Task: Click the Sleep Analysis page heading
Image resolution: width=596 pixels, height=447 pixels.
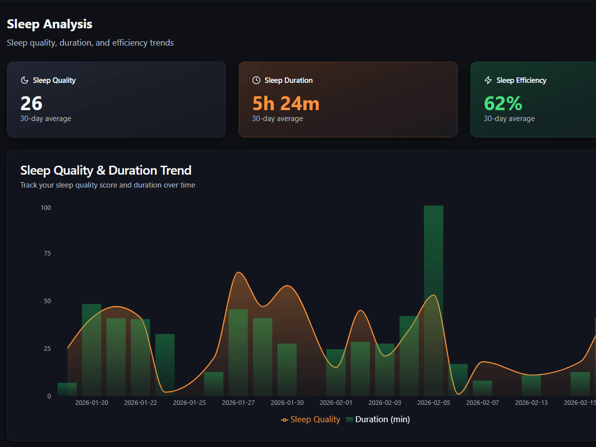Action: [50, 24]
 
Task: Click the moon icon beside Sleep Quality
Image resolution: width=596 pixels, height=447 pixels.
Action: [24, 80]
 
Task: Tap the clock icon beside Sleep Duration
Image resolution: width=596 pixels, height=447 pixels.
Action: [256, 80]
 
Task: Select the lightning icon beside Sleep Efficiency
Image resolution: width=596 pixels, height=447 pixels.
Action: [488, 80]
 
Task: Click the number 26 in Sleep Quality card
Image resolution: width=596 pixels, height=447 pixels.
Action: [31, 103]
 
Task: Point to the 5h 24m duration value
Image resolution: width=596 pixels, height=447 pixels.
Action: [286, 103]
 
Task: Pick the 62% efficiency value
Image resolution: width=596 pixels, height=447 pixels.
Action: [503, 103]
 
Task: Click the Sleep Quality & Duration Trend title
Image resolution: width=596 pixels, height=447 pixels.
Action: [106, 170]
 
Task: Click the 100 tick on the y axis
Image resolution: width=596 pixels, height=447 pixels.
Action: [46, 207]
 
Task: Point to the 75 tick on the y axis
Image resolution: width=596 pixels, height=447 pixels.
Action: [47, 254]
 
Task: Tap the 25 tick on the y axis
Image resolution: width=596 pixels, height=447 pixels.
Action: [47, 349]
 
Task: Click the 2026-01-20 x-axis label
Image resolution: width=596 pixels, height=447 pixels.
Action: [92, 403]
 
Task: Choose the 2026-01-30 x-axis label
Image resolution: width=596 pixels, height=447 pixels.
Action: [287, 403]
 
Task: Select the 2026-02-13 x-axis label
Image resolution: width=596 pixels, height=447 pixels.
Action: [531, 403]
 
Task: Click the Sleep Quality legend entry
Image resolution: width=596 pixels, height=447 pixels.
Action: [311, 420]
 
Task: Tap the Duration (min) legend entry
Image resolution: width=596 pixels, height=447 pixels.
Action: [378, 420]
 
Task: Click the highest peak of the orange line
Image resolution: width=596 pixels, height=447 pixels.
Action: [239, 272]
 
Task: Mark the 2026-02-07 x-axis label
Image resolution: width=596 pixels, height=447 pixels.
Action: [483, 403]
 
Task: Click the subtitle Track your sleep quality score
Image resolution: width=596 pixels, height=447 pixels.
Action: [108, 185]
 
